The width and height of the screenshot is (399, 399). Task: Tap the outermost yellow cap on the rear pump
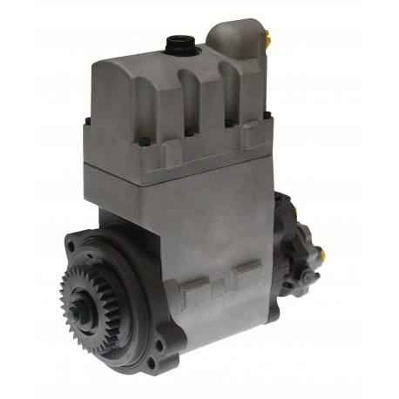coord(321,255)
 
